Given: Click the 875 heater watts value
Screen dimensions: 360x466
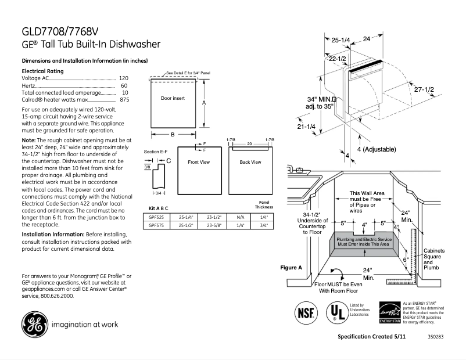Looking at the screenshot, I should [x=124, y=100].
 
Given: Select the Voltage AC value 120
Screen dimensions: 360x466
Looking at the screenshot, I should [x=124, y=78].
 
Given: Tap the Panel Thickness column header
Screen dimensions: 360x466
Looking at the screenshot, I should [x=263, y=204].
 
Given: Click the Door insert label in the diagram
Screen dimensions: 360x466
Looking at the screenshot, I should [x=173, y=99].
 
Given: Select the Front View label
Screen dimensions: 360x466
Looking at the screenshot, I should [x=198, y=162].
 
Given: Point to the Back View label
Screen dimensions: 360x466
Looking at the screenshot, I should [x=250, y=162].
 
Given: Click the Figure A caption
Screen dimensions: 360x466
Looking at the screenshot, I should [x=291, y=268].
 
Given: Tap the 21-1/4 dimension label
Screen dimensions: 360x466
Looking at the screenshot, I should [x=306, y=126].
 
